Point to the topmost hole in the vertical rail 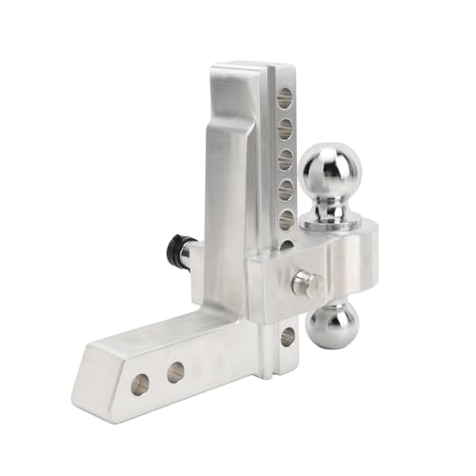click(x=285, y=96)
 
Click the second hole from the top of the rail click(x=285, y=128)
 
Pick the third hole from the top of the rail click(x=285, y=159)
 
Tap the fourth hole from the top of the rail click(x=285, y=190)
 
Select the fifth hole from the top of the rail click(x=285, y=221)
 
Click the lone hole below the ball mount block click(x=287, y=335)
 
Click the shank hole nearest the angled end click(x=140, y=384)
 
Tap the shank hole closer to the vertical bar click(x=175, y=372)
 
